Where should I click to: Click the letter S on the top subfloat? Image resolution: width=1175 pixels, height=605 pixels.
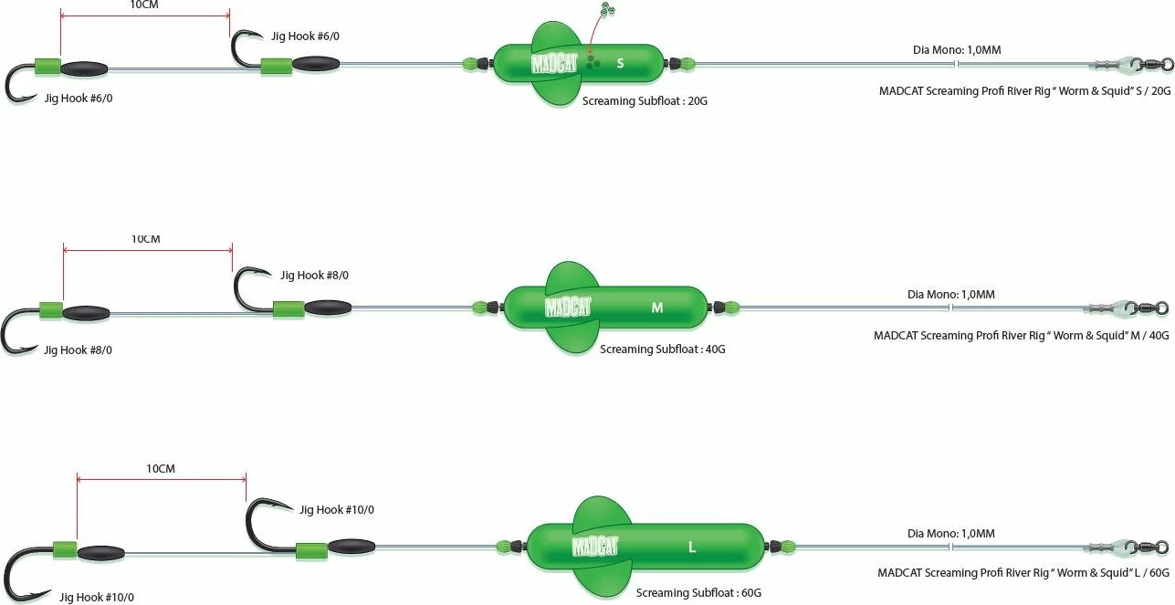[x=620, y=63]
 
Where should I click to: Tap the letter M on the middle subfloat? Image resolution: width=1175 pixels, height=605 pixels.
[x=657, y=308]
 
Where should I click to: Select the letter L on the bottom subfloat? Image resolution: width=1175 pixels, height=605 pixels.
[x=692, y=548]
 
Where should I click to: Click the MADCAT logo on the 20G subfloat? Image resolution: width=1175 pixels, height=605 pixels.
[x=555, y=63]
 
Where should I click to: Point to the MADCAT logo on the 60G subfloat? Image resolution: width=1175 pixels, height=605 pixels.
[x=595, y=547]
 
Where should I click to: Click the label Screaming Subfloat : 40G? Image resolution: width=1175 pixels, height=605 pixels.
[x=663, y=349]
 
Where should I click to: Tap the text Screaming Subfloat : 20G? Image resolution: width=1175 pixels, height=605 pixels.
[x=645, y=101]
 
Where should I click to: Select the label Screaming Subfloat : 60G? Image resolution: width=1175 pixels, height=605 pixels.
[x=699, y=592]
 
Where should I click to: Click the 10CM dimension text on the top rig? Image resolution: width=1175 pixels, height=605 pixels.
[x=144, y=5]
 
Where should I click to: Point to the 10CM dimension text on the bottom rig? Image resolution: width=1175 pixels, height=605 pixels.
[x=161, y=469]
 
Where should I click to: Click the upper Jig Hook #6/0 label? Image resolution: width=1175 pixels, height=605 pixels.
[x=299, y=37]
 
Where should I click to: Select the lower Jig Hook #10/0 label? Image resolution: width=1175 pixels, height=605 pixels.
[x=97, y=597]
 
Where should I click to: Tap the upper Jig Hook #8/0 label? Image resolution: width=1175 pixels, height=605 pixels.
[x=314, y=275]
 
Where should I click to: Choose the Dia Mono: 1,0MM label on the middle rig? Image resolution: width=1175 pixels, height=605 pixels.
[x=950, y=294]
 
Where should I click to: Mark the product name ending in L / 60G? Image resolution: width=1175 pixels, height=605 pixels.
[x=1023, y=573]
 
